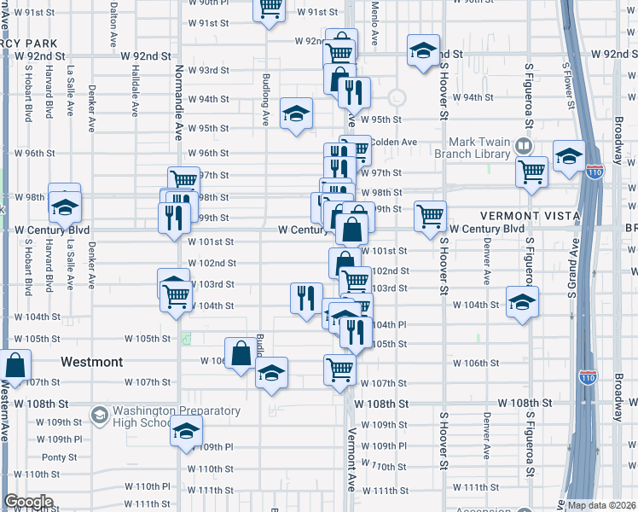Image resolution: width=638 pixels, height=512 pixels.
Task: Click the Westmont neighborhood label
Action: click(x=96, y=362)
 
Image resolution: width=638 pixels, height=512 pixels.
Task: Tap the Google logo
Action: click(x=28, y=502)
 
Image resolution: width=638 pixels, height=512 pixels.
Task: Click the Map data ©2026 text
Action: click(x=602, y=505)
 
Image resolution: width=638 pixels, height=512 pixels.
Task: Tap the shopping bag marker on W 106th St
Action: click(x=241, y=352)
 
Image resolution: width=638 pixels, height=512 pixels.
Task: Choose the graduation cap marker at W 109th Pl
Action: click(x=186, y=432)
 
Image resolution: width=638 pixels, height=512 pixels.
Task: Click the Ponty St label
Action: click(x=59, y=457)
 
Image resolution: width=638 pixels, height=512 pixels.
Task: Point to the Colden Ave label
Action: click(x=395, y=142)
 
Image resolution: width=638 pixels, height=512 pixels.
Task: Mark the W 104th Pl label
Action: click(x=388, y=325)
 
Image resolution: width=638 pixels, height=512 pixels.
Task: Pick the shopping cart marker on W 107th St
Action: click(x=339, y=369)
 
